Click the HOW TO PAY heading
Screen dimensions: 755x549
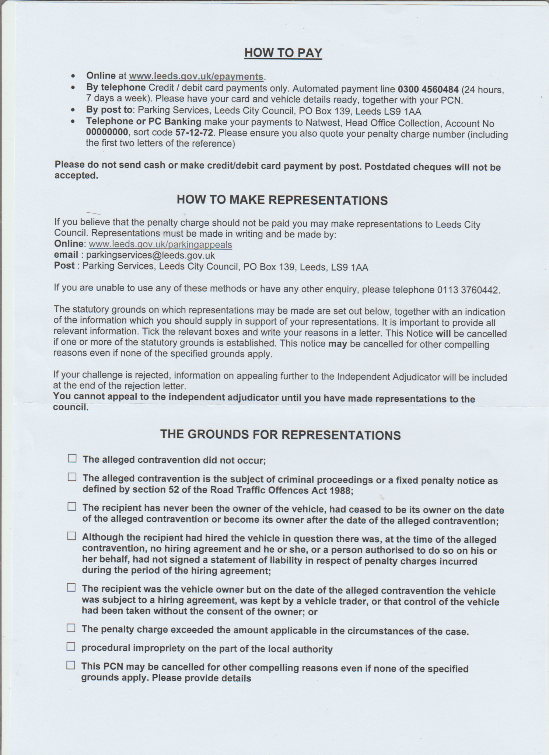click(283, 53)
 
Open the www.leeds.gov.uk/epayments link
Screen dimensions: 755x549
click(196, 77)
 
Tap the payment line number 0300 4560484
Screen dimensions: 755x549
click(428, 89)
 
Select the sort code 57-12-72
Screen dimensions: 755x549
click(195, 133)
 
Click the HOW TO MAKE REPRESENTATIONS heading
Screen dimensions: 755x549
click(282, 200)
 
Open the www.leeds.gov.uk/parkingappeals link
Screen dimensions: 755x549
click(161, 244)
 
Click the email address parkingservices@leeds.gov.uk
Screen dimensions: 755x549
click(150, 255)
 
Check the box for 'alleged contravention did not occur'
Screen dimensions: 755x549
click(72, 459)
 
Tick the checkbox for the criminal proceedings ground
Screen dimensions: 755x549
click(72, 477)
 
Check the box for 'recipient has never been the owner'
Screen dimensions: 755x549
click(72, 507)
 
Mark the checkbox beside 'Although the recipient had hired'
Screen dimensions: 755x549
click(71, 536)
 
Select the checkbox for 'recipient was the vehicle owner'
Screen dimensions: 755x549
click(71, 588)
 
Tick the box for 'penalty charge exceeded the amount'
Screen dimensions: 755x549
click(71, 628)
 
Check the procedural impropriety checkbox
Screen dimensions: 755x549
click(71, 646)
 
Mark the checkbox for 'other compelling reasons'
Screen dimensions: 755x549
click(71, 665)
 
